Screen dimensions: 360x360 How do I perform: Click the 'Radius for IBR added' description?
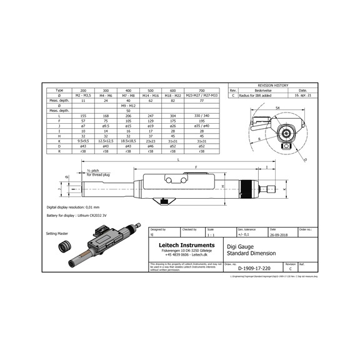pos(256,96)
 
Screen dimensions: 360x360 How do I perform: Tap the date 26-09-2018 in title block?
pos(276,236)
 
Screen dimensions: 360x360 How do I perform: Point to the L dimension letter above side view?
pos(178,161)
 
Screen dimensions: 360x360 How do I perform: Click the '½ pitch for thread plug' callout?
pos(98,173)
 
